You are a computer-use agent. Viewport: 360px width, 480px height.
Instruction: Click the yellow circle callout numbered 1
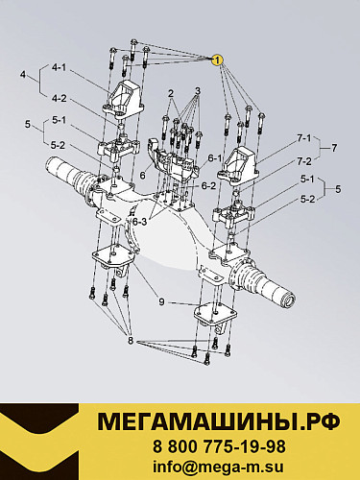[219, 59]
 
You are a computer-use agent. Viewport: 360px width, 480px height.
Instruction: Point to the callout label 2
[169, 94]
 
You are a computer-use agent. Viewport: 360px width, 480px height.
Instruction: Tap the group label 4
[21, 72]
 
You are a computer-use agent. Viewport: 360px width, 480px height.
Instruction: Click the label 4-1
[59, 67]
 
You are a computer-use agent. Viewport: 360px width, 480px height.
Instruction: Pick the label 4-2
[59, 97]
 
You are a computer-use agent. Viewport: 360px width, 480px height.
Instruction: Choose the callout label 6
[142, 176]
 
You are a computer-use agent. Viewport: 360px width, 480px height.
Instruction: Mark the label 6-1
[215, 158]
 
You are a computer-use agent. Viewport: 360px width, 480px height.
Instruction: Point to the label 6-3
[140, 222]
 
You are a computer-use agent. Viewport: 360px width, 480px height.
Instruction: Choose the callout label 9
[162, 301]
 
